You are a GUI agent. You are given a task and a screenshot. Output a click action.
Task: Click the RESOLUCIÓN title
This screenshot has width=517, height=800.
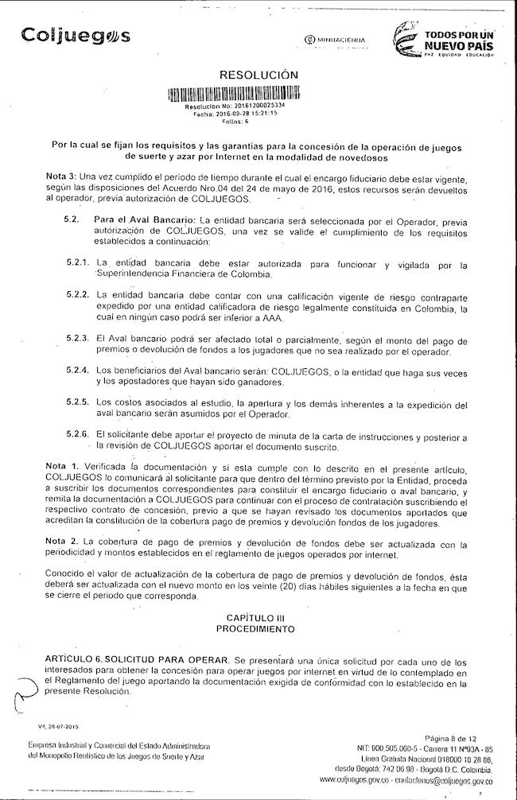click(258, 75)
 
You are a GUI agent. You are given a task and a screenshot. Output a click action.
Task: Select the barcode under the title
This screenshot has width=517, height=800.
click(235, 93)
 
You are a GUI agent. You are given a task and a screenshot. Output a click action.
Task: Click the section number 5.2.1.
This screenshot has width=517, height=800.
click(76, 263)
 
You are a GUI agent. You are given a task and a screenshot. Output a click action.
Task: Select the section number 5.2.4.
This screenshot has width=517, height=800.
click(76, 370)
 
